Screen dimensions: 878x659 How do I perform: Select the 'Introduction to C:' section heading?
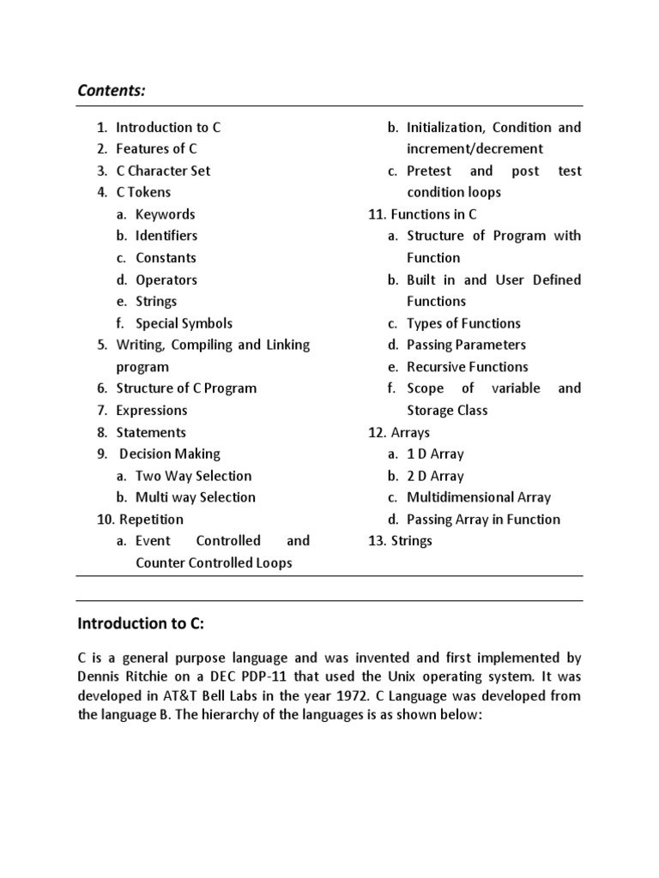click(x=142, y=622)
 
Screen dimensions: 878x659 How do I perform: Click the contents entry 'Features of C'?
click(x=156, y=148)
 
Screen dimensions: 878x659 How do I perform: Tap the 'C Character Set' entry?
click(x=163, y=171)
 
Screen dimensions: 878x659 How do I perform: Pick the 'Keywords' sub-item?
click(x=165, y=214)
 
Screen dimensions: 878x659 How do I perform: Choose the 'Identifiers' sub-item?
click(x=166, y=236)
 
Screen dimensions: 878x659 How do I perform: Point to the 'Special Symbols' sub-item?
click(x=184, y=323)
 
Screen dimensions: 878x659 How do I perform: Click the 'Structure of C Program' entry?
click(x=186, y=388)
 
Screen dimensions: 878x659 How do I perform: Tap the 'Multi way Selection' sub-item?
click(x=196, y=497)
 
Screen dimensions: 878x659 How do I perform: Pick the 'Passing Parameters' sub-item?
click(x=466, y=345)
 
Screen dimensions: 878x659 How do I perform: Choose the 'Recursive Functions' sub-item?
click(x=467, y=367)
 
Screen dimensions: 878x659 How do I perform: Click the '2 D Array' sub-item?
click(x=435, y=476)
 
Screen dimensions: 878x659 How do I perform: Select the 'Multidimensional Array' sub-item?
click(x=479, y=497)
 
